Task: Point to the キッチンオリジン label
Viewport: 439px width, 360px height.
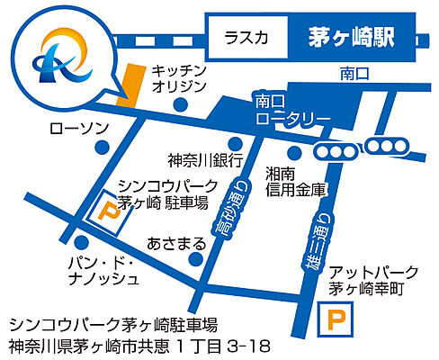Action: coord(179,78)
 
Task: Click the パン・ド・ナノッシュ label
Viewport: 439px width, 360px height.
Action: coord(107,269)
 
